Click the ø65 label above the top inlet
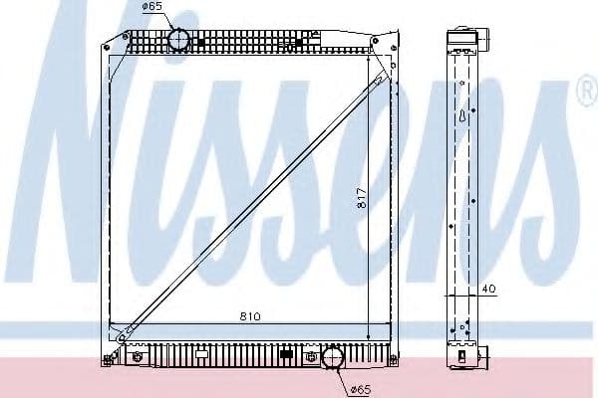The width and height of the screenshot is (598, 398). coord(152,7)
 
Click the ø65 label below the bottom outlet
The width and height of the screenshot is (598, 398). coord(360,390)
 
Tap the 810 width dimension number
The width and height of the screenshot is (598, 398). coord(250,316)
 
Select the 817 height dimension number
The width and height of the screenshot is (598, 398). coord(362,198)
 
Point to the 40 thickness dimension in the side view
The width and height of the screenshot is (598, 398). coord(488,289)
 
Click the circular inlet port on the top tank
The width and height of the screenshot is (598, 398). coord(178,39)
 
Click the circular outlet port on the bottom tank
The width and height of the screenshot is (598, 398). coord(333,357)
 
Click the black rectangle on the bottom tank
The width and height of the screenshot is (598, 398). coord(286,354)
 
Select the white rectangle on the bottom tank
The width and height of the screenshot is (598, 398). coord(201,354)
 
